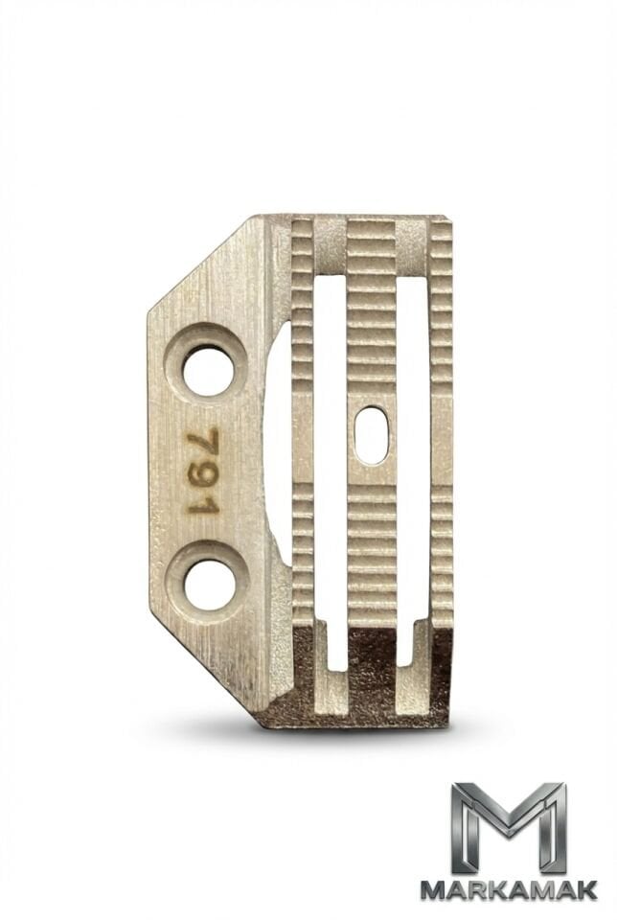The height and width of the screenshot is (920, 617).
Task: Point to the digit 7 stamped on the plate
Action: pos(203,441)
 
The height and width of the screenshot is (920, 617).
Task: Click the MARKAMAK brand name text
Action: pos(510,889)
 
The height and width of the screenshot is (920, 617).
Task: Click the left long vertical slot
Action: pos(331,464)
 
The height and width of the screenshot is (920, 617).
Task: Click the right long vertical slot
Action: pos(415,464)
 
